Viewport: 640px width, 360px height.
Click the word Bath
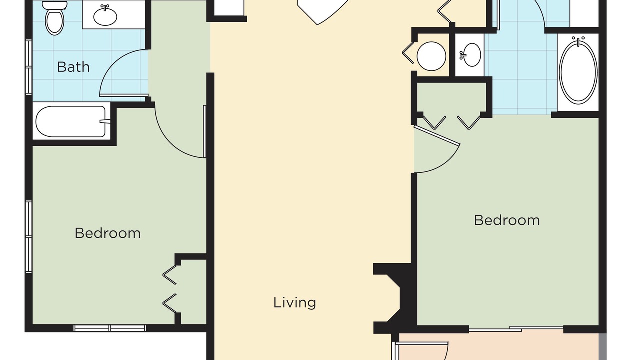click(x=73, y=67)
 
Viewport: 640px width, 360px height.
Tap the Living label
click(x=295, y=303)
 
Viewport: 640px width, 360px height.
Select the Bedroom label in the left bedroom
click(x=107, y=233)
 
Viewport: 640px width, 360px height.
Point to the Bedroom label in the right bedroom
click(x=507, y=220)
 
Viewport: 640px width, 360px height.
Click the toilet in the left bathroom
click(x=54, y=18)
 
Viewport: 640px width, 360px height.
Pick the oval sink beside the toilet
click(x=105, y=16)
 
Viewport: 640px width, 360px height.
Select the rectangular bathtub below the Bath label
click(x=71, y=121)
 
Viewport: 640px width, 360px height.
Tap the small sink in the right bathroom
click(x=470, y=55)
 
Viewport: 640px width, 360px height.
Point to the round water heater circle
click(x=431, y=56)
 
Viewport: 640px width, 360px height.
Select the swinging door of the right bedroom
click(x=436, y=149)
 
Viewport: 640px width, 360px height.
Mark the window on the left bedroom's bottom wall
click(x=110, y=328)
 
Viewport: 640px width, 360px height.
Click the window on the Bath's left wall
click(x=29, y=67)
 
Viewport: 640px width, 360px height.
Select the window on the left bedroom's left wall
click(x=29, y=237)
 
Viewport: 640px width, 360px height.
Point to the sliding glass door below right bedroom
click(x=516, y=329)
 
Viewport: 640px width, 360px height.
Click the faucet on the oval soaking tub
click(x=578, y=41)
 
